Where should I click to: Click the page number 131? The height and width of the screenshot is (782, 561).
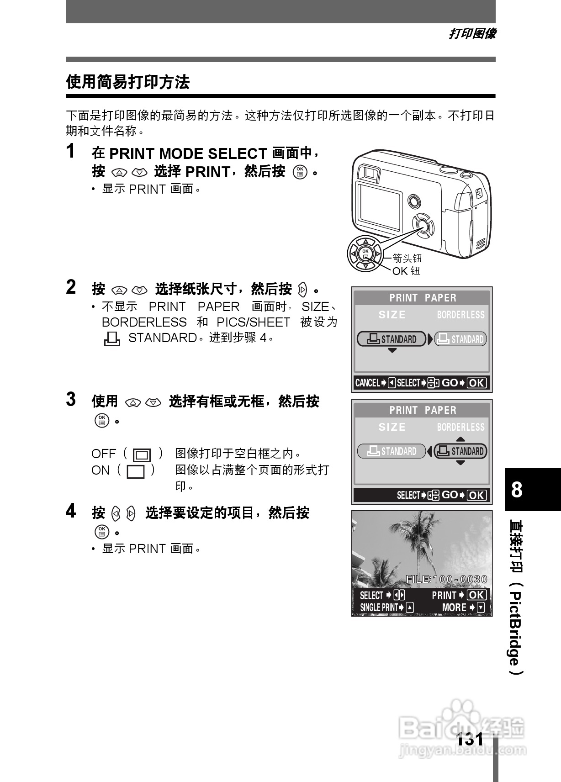coord(470,739)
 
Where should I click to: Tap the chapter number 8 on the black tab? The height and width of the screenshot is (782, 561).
coord(517,490)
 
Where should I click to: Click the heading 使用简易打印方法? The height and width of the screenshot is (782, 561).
coord(127,82)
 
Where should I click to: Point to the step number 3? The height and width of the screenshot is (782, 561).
coord(71,399)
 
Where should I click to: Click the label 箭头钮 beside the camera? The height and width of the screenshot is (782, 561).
coord(407,259)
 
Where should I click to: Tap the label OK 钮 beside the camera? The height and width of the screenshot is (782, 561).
coord(406,271)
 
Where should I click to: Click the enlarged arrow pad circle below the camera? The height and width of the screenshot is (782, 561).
coord(365,254)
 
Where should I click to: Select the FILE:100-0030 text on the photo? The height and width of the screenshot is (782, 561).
coord(446,580)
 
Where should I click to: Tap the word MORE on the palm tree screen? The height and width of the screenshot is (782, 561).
coord(454,608)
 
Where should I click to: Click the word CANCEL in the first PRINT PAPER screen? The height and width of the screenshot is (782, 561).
coord(367,383)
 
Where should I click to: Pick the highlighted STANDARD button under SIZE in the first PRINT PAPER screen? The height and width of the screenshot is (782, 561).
coord(392,339)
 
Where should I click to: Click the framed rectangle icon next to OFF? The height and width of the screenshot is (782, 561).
coord(142,455)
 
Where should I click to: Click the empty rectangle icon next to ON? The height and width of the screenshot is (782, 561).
coord(136,471)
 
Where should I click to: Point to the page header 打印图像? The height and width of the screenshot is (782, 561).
coord(472,34)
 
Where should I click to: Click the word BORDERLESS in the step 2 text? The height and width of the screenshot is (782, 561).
coord(144,322)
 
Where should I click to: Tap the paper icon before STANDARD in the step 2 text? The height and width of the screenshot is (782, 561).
coord(112,339)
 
